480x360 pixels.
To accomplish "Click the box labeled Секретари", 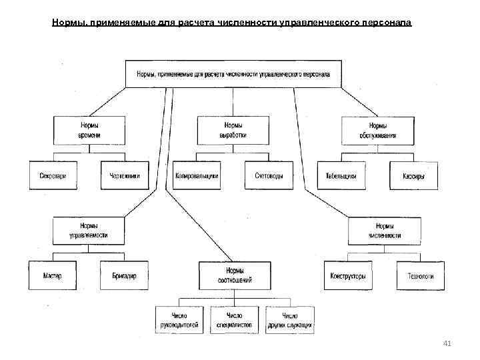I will pos(53,176).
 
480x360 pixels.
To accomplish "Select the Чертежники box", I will pos(125,176).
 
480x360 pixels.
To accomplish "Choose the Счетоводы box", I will pos(269,176).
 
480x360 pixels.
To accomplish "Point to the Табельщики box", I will pos(341,176).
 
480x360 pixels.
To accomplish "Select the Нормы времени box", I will pos(89,130).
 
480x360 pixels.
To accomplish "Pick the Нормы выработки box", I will pos(233,130).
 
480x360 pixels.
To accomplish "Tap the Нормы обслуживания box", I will pos(377,130).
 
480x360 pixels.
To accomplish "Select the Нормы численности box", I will pos(384,231).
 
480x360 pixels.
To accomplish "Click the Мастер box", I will pos(53,276).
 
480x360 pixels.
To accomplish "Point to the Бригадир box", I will pos(125,276).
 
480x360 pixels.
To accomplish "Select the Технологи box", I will pos(421,276).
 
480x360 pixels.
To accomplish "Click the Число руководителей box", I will pos(179,320).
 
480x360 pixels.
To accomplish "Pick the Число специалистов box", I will pos(234,320).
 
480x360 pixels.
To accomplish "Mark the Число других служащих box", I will pos(289,320).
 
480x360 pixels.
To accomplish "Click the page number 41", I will pos(447,343).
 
